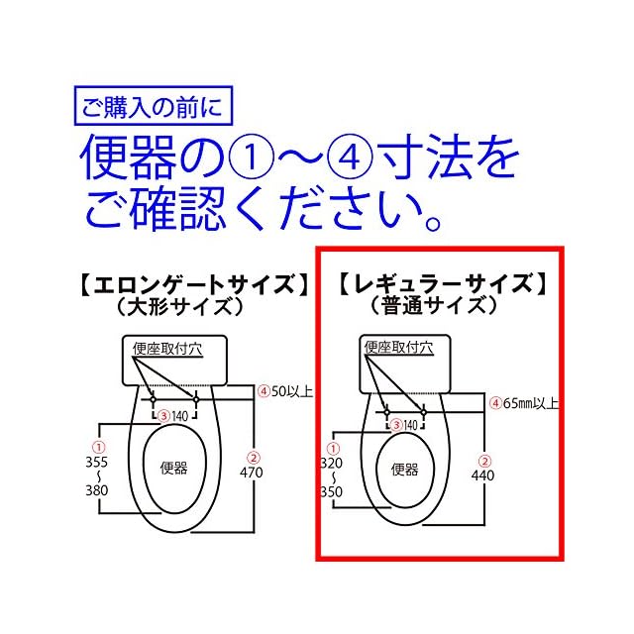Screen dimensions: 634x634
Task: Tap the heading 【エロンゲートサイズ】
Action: [188, 285]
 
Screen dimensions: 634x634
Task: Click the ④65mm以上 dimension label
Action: [522, 403]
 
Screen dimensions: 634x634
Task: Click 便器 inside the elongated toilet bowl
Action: [173, 468]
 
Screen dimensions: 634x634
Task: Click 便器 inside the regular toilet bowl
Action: [405, 470]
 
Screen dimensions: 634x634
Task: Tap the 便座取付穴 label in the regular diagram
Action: [398, 347]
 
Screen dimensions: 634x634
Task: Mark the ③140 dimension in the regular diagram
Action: [404, 425]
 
